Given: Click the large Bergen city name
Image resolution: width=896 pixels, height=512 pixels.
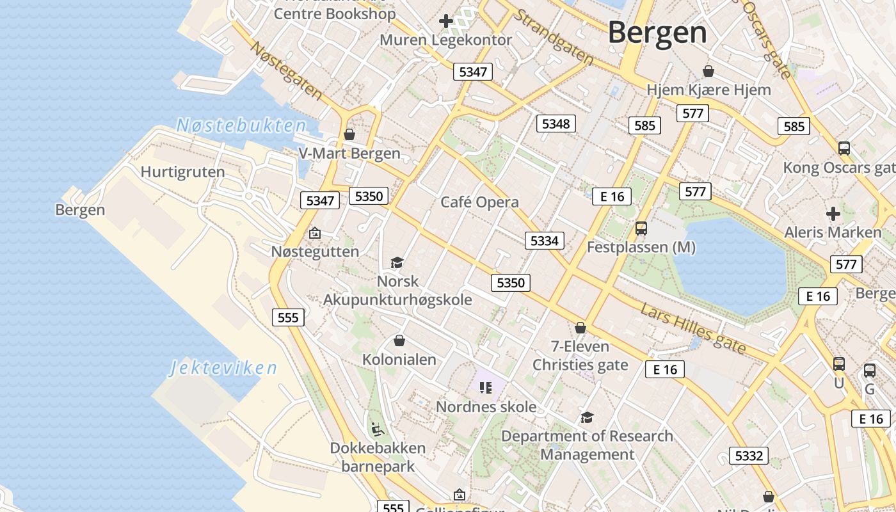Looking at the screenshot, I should click(657, 32).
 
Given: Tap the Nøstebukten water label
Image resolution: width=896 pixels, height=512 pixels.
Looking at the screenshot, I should click(241, 125).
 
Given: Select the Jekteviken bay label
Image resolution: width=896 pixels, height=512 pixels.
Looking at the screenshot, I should click(223, 368).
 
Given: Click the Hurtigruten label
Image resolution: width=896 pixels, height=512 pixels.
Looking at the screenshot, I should click(182, 172).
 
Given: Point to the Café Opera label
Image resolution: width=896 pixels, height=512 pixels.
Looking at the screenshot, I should click(479, 202).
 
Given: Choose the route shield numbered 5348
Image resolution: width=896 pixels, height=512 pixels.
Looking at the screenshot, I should click(556, 124).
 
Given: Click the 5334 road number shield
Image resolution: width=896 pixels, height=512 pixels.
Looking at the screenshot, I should click(545, 241).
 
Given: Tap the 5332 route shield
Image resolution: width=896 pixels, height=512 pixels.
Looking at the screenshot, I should click(749, 456).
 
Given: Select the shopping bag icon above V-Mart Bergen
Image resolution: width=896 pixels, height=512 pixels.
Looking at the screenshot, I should click(349, 134).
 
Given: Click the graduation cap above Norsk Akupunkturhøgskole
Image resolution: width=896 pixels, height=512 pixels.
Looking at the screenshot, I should click(397, 262).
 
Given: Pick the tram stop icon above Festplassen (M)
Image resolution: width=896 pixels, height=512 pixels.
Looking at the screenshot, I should click(641, 228).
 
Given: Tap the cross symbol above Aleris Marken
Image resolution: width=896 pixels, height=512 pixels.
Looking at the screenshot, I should click(833, 213).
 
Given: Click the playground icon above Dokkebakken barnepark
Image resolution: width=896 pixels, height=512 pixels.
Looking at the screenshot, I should click(378, 429).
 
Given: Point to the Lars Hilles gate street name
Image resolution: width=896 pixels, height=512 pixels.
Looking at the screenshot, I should click(693, 328).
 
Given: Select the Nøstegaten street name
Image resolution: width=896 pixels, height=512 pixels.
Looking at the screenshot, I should click(286, 70).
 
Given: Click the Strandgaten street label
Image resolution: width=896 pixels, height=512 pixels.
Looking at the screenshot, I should click(554, 36).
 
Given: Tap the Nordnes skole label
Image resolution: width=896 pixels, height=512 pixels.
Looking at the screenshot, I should click(486, 406).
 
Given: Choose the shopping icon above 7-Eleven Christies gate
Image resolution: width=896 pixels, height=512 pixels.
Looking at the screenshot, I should click(580, 328).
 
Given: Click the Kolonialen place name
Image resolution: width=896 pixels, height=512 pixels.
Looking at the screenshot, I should click(399, 359).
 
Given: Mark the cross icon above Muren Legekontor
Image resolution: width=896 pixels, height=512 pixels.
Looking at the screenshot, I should click(446, 21).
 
